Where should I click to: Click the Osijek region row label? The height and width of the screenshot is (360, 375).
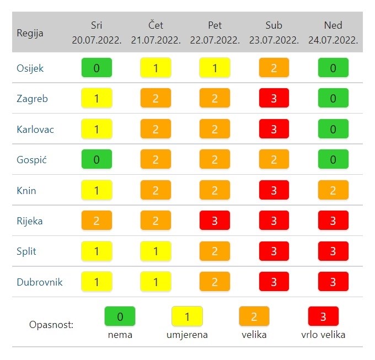click(x=30, y=68)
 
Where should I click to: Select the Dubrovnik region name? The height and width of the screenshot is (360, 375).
click(x=39, y=282)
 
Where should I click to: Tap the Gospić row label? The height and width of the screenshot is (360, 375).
click(x=30, y=160)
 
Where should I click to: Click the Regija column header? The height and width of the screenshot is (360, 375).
click(x=30, y=33)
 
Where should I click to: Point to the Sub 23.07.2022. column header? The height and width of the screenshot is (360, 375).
click(x=274, y=33)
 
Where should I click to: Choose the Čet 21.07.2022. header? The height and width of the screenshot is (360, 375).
click(x=156, y=33)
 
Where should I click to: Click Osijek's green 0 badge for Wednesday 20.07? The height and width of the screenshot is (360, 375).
click(x=97, y=68)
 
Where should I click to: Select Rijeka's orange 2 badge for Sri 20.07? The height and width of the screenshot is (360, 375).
click(x=97, y=221)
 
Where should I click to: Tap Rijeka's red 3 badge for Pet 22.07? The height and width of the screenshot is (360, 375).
click(x=215, y=221)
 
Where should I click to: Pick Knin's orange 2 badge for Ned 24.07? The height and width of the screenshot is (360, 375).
click(x=333, y=191)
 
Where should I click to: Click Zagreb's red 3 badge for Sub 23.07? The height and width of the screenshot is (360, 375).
click(x=274, y=99)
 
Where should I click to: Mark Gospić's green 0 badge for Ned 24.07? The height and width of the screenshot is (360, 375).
click(x=333, y=160)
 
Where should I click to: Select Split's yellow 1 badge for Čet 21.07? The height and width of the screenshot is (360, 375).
click(x=156, y=251)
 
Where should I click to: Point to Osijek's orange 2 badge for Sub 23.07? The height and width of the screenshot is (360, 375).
click(x=274, y=68)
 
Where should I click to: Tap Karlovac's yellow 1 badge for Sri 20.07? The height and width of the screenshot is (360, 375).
click(x=97, y=130)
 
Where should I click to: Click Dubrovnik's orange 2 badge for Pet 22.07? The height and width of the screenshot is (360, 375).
click(x=215, y=282)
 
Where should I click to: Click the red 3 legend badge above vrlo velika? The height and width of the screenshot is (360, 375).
click(x=323, y=316)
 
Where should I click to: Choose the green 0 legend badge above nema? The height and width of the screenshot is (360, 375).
click(x=120, y=316)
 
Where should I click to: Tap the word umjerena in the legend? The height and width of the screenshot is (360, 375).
click(x=187, y=335)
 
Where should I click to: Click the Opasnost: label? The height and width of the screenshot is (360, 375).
click(x=51, y=324)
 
